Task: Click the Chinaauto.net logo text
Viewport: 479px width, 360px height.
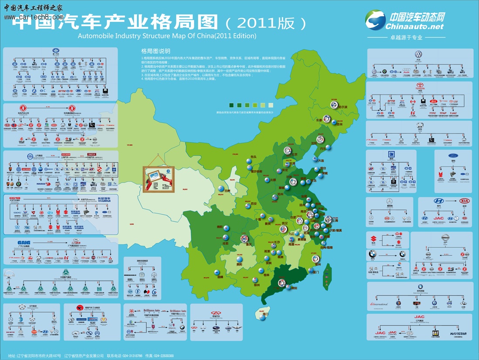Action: [x=414, y=26]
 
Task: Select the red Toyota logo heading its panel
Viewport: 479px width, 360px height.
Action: [x=419, y=86]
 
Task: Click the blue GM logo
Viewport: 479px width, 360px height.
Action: [x=391, y=155]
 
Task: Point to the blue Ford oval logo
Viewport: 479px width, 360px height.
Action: [x=453, y=156]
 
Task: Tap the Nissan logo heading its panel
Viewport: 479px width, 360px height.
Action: [x=445, y=238]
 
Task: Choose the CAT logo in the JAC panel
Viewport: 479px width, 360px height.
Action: [x=435, y=333]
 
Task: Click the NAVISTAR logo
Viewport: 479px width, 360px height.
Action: [x=458, y=334]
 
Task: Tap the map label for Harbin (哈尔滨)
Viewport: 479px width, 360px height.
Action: [x=343, y=107]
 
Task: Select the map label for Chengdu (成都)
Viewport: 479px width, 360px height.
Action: [x=225, y=243]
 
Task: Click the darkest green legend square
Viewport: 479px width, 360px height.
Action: [x=232, y=105]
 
